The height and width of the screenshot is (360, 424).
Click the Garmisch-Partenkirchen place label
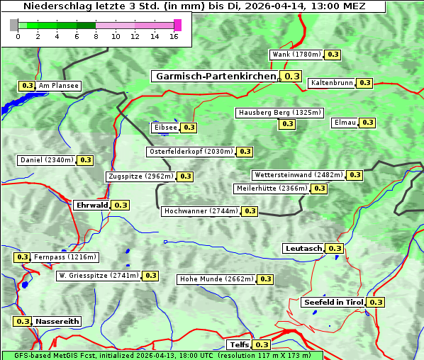coord(215,76)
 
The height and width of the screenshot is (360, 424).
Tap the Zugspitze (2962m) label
coord(140,176)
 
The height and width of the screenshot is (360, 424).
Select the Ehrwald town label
coord(91,205)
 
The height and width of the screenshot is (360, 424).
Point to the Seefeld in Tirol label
coord(333,302)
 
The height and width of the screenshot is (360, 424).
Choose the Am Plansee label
coord(59,86)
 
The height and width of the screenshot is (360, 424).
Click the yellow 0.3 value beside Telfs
coord(262,345)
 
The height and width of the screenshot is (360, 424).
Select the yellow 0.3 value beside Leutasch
coord(335,248)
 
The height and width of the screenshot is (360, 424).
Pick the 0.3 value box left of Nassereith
coord(23,321)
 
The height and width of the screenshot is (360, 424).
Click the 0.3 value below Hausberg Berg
coord(286,124)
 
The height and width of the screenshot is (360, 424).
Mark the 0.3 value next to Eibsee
coord(189,128)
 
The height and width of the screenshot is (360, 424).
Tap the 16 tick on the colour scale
coord(174,37)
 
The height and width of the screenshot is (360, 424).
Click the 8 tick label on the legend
coord(96,37)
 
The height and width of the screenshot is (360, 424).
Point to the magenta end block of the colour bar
coord(177,25)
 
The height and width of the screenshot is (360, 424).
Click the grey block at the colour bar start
coord(14,25)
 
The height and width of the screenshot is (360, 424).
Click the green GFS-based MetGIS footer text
coord(162,356)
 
